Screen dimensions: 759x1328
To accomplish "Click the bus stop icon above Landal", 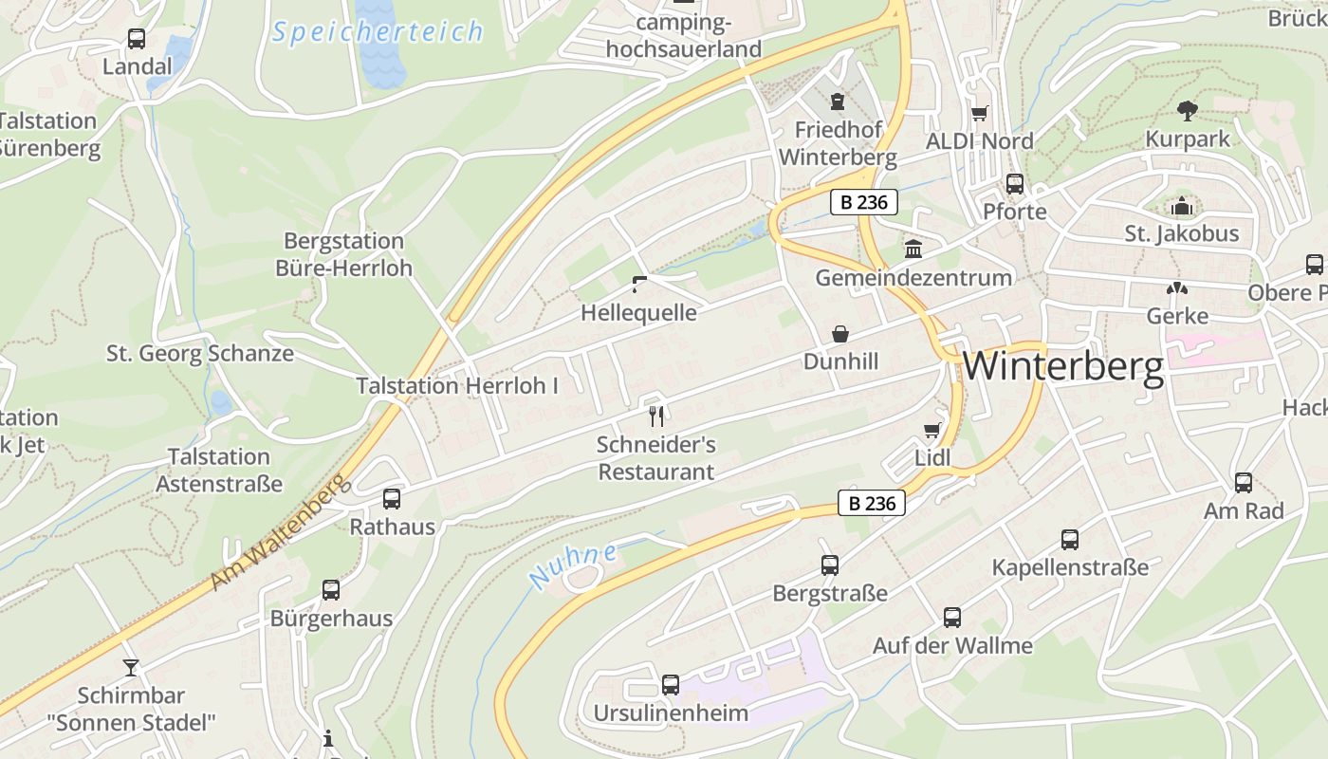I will (137, 39).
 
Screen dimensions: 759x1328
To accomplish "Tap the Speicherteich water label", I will (378, 32).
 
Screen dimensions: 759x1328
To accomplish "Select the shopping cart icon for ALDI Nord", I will (979, 113).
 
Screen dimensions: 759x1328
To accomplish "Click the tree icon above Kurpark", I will (1187, 111).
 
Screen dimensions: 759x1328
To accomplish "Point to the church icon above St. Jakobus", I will (1182, 206).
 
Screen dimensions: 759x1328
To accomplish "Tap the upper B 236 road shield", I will (864, 202).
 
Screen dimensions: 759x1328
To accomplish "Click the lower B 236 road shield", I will (872, 503).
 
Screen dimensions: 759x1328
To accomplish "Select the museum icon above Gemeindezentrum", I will (913, 250).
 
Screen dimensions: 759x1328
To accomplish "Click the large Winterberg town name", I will (1062, 366).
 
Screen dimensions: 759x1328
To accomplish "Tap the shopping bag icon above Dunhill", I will (840, 334).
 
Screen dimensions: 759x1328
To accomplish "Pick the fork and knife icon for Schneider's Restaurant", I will (655, 415).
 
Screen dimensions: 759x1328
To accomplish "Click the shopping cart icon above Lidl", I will (932, 431).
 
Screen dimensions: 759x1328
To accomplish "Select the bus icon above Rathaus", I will (392, 498).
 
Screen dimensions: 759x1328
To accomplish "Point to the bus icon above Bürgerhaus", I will (331, 590).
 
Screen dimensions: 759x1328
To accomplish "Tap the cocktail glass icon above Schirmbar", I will (131, 667).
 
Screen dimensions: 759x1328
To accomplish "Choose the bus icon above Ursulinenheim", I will (671, 684).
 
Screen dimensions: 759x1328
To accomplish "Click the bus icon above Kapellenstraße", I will (1070, 540).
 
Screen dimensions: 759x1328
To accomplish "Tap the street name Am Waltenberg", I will (276, 533).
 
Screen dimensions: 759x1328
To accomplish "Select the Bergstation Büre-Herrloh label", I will (343, 254).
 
